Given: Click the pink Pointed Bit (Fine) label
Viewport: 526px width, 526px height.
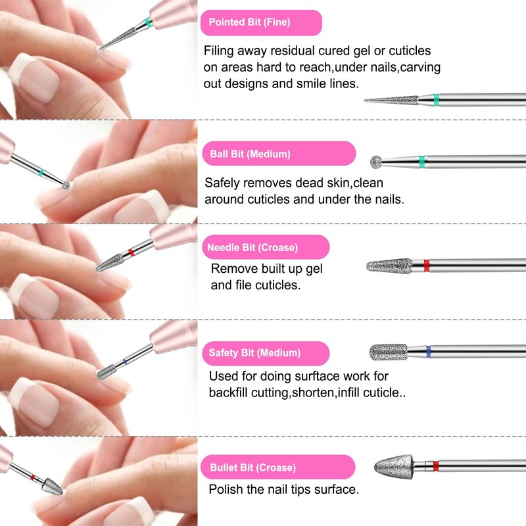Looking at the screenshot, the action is click(261, 22).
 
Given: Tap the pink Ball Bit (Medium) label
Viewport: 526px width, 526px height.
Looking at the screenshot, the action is click(279, 154).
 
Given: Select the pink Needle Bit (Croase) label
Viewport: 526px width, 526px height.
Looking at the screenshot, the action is click(266, 247).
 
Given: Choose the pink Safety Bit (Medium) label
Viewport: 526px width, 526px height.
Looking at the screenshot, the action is click(266, 353).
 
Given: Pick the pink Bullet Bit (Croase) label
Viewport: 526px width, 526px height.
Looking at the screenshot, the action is click(277, 467).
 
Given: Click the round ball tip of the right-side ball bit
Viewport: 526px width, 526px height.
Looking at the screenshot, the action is click(375, 162).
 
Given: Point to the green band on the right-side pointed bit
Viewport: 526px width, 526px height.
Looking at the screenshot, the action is click(436, 100).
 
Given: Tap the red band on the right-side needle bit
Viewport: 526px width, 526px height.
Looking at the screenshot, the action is click(426, 266).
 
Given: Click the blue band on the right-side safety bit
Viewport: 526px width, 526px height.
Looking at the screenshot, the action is click(428, 352).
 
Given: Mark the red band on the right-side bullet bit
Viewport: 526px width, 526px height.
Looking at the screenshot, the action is click(435, 466).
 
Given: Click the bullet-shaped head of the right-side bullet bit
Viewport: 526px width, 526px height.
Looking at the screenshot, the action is click(393, 466).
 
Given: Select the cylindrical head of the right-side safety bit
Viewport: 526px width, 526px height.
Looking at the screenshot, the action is click(389, 352).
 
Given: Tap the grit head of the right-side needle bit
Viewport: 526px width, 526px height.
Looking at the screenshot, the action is click(389, 266).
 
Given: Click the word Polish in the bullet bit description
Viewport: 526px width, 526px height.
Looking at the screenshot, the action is click(226, 489).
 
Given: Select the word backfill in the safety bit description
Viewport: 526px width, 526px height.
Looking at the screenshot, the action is click(228, 392).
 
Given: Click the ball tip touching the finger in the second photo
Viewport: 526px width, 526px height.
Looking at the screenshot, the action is click(66, 185).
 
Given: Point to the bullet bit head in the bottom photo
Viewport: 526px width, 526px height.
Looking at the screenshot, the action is click(52, 487).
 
